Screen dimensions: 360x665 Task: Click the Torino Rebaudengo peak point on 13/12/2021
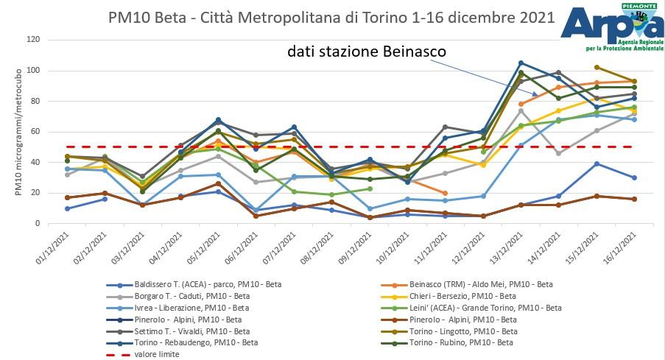click(521, 63)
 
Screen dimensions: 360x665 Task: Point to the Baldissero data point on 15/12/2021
click(597, 163)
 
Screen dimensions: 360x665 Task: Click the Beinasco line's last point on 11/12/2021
click(446, 193)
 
